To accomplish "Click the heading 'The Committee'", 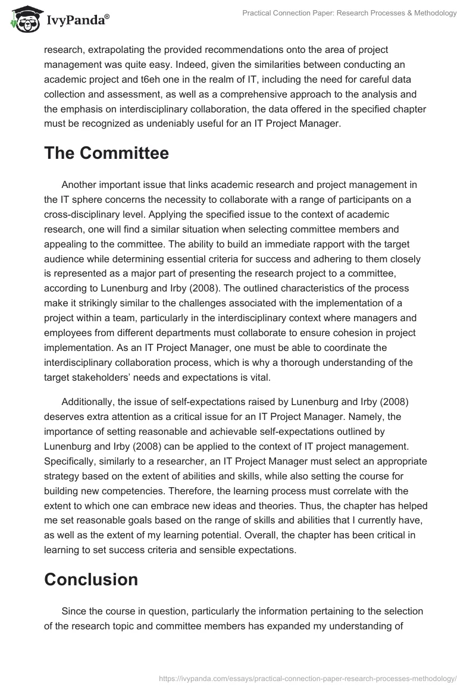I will (107, 153).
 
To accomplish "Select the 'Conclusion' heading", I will (91, 579).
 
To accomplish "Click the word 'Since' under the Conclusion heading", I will (73, 611).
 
